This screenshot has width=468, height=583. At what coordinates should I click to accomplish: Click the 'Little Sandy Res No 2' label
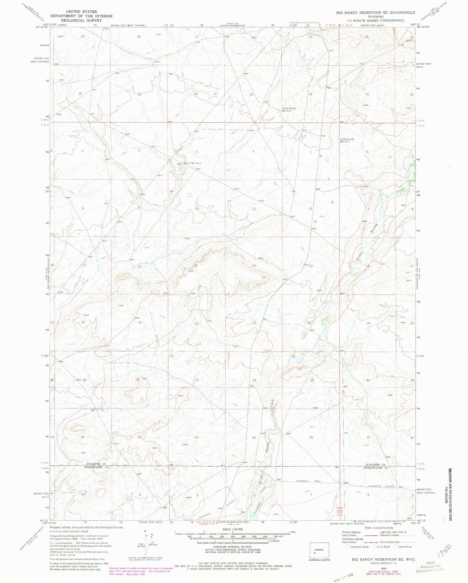(x=287, y=109)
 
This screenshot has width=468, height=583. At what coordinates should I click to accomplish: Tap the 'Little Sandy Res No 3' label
(x=347, y=140)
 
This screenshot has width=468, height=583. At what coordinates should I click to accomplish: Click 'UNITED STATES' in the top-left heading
(x=81, y=12)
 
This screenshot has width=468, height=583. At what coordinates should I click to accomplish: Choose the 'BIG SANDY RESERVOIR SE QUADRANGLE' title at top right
(x=375, y=12)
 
